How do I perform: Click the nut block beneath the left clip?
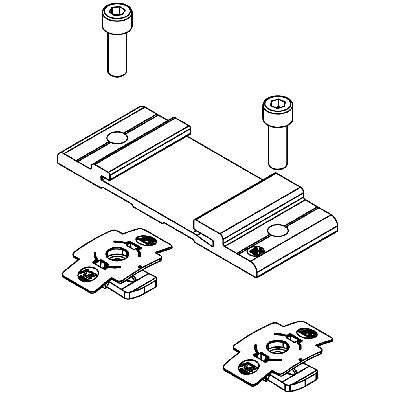coord(135,288)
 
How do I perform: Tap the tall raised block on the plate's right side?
coord(248,203)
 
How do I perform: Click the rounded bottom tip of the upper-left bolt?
coord(117,74)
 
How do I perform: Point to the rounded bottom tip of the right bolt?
coord(278,167)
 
